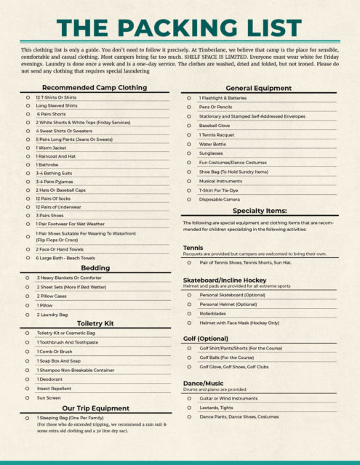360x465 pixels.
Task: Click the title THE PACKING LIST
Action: (x=180, y=27)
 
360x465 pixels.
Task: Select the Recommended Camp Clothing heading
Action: (x=95, y=88)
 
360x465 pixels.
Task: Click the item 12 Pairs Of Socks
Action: (x=52, y=198)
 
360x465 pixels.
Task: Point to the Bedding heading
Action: (x=95, y=268)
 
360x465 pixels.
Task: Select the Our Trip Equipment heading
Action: (x=95, y=408)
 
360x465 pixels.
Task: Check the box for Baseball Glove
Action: (x=189, y=125)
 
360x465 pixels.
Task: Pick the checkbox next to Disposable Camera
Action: (x=189, y=199)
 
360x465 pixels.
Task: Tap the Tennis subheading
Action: (x=193, y=248)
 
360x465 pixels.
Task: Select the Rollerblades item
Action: (x=215, y=313)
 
